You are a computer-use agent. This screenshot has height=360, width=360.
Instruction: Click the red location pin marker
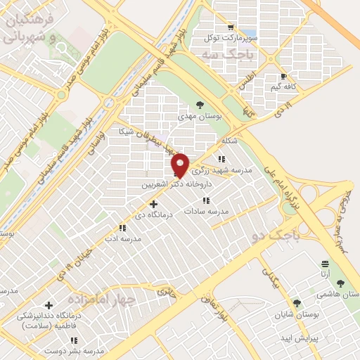point(181,165)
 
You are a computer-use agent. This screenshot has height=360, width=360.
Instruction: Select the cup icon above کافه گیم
point(283,77)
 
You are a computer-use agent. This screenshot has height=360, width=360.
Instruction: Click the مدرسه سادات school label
point(207,211)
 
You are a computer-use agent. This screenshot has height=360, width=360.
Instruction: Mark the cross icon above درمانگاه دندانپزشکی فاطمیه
point(49,305)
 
